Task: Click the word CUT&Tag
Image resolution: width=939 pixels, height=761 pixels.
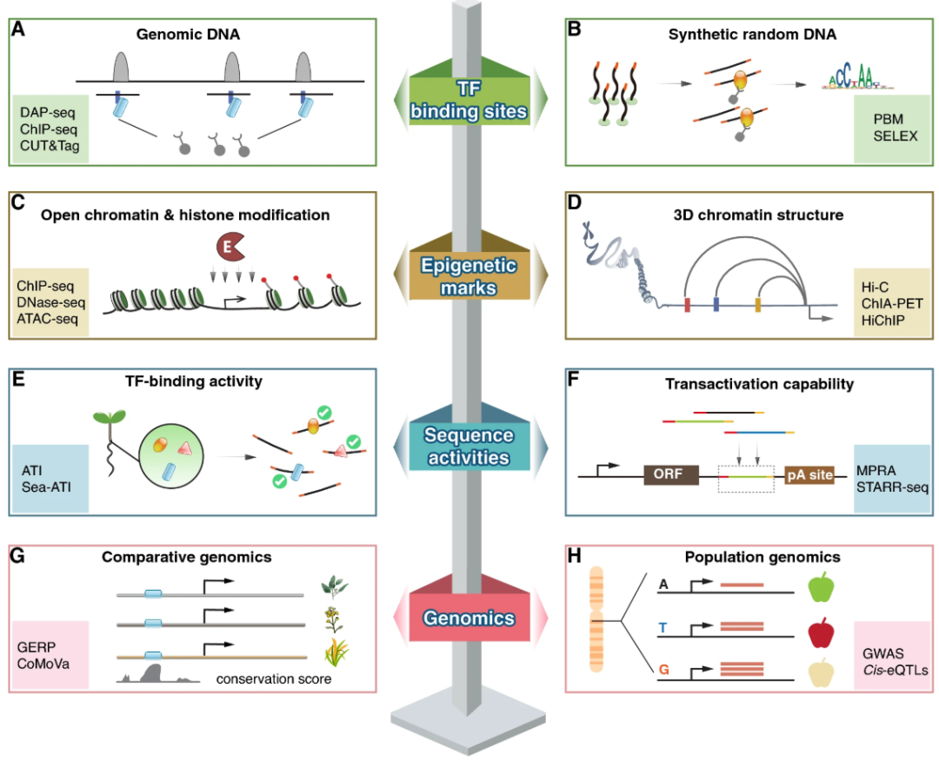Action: click(x=49, y=146)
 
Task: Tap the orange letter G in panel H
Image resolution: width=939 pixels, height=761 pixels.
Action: click(x=663, y=670)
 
